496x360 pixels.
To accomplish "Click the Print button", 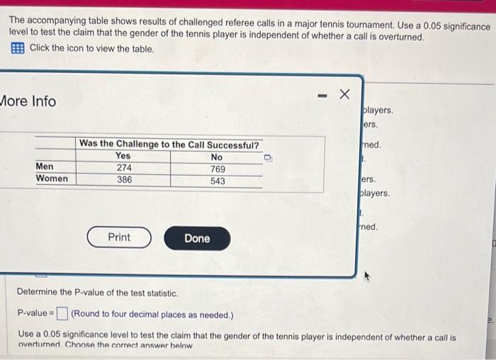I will click(x=119, y=237).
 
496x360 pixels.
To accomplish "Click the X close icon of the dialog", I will click(x=344, y=94).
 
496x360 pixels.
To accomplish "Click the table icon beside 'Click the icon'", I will click(x=17, y=49).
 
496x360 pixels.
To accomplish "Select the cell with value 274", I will click(x=124, y=168).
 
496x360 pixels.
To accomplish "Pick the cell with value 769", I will click(x=218, y=169).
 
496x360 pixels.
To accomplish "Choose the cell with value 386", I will click(x=124, y=180).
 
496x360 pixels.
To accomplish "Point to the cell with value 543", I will click(x=218, y=181).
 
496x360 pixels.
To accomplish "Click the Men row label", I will click(x=45, y=167).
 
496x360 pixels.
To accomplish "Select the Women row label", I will click(x=52, y=179).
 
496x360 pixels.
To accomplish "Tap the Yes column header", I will click(x=123, y=156).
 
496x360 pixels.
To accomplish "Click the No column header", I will click(x=216, y=157).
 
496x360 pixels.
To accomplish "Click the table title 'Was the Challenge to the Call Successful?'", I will click(x=169, y=144).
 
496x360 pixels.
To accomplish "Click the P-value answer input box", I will click(x=62, y=313).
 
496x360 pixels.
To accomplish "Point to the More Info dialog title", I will click(x=28, y=101).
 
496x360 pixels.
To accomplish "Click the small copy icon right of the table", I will click(x=269, y=158).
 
